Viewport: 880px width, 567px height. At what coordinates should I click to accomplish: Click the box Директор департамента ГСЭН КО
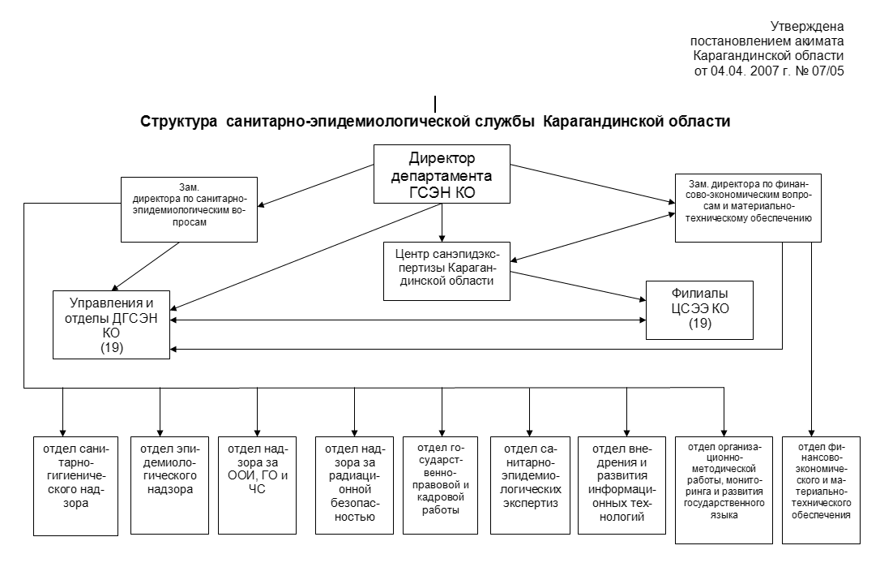click(442, 174)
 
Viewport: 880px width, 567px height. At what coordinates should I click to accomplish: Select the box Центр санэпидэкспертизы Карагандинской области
click(446, 272)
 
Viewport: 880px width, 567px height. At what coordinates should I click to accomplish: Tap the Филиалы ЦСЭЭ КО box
click(699, 310)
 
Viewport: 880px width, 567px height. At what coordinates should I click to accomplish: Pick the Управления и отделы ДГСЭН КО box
click(111, 324)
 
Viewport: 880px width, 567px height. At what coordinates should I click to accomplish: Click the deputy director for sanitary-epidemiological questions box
click(189, 209)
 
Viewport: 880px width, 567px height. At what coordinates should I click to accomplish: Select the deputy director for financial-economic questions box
click(748, 208)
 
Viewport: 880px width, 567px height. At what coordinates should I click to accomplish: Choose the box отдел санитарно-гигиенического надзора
click(76, 486)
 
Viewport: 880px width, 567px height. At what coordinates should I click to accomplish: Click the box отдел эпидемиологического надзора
click(169, 485)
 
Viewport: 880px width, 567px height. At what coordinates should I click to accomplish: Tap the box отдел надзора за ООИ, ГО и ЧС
click(257, 485)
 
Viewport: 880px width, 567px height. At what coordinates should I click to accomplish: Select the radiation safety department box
click(355, 485)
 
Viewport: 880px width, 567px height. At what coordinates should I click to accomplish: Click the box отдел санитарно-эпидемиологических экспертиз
click(531, 485)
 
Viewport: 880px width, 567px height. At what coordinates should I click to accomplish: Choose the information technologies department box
click(622, 485)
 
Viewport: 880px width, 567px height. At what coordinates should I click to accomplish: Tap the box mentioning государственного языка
click(724, 490)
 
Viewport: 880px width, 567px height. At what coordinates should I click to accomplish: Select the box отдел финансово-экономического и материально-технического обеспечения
click(821, 490)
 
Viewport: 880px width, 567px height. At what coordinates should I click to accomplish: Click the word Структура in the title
click(178, 122)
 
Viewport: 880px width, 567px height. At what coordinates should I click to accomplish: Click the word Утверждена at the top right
click(807, 27)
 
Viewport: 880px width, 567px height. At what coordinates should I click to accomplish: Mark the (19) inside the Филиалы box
click(699, 323)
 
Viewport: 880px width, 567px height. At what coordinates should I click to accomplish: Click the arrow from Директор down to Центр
click(442, 222)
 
